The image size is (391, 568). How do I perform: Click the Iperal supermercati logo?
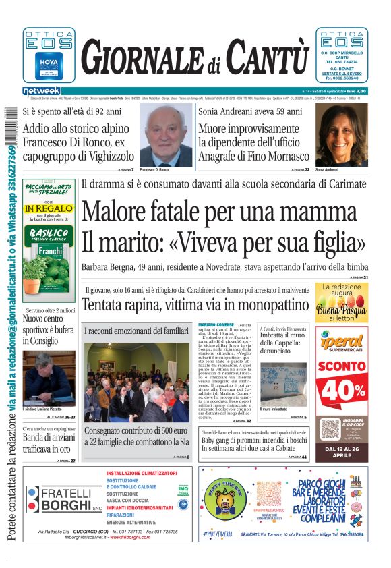pos(342,343)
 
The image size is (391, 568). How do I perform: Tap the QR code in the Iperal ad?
pos(330,428)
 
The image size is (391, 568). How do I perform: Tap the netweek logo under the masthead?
pos(41,90)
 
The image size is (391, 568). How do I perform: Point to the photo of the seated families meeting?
pos(137,382)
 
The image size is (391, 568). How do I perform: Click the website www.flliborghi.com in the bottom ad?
pos(144,537)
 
